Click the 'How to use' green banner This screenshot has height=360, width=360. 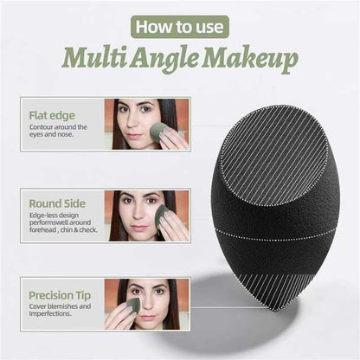tap(179, 27)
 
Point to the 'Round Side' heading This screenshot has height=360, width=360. tap(56, 204)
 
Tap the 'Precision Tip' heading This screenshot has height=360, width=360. tap(61, 294)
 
